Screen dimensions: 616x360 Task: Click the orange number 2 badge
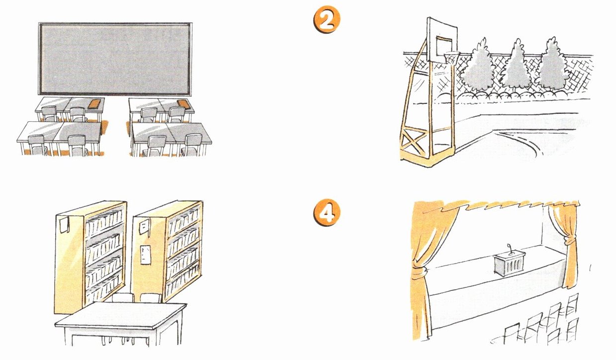326,20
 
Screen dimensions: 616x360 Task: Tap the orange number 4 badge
326,212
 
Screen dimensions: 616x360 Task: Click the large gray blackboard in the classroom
114,59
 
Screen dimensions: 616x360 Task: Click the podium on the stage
509,264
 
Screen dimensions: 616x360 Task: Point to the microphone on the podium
509,248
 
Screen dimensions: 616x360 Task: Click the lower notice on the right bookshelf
145,255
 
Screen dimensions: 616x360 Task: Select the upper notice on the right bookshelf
143,228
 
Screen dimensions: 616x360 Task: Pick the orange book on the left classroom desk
94,103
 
